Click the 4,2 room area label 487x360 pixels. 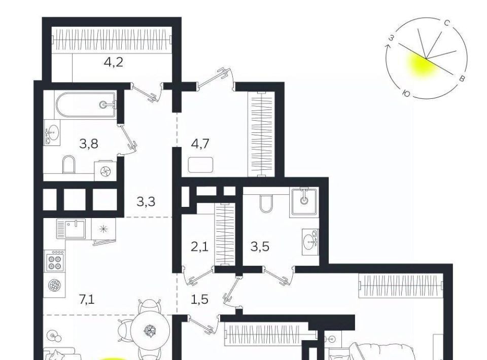click(114, 62)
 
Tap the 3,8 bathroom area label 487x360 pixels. click(89, 144)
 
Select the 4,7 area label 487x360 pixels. click(200, 144)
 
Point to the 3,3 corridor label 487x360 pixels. click(146, 202)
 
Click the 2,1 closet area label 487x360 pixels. click(199, 247)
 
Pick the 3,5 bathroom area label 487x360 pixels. click(260, 247)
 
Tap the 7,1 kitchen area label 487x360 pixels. click(87, 300)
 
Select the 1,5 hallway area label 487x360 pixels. click(199, 300)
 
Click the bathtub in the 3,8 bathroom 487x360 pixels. click(86, 104)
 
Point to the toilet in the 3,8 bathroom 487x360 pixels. click(69, 164)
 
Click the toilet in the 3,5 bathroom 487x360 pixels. click(265, 204)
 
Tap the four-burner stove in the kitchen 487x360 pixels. click(54, 261)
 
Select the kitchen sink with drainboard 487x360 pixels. click(71, 229)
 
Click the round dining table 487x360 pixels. click(151, 330)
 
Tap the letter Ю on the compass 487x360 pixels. click(406, 93)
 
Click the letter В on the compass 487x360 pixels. click(462, 78)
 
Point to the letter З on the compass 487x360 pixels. click(392, 38)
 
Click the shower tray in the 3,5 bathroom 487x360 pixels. click(304, 201)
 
